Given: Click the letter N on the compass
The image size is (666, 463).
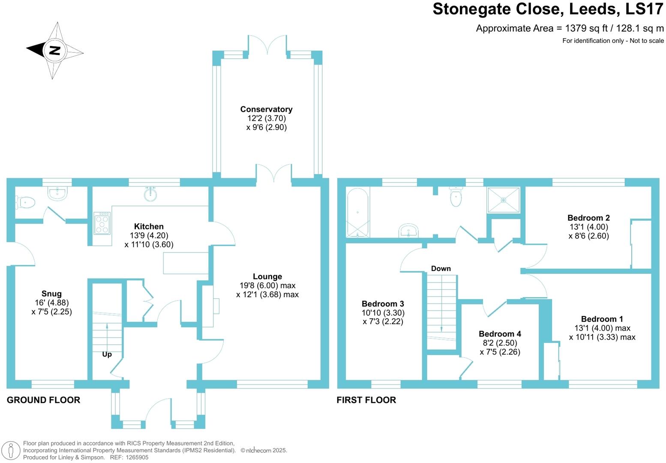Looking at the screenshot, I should tap(54, 51).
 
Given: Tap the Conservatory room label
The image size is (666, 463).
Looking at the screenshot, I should tap(266, 109).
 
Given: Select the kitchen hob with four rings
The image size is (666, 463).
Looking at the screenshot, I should tap(102, 223).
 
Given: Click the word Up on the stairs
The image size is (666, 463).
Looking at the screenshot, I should tap(107, 354).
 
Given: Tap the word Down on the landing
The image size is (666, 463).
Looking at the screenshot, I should tap(441, 269).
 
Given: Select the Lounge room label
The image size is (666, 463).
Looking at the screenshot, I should tap(267, 277).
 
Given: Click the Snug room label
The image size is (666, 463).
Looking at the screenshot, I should tap(51, 294).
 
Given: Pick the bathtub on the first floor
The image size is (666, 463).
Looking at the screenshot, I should tap(357, 213).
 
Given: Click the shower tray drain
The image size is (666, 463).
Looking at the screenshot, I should tap(504, 200).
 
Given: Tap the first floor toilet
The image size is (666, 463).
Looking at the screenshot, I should tap(456, 198).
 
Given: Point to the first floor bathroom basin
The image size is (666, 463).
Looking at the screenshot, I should tap(409, 231).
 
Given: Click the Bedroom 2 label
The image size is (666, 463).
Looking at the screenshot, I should tap(588, 218).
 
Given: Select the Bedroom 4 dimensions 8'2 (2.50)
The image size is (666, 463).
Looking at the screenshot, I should tap(500, 343).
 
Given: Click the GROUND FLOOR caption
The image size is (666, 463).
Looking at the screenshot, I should tap(43, 400).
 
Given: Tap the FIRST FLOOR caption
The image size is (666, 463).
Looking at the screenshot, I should tap(366, 400).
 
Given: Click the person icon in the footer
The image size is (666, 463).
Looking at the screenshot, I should tap(12, 451).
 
